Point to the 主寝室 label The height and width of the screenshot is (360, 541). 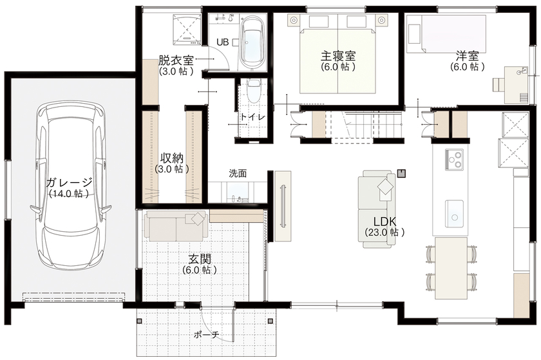click(x=339, y=56)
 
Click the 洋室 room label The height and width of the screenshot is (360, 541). click(x=466, y=56)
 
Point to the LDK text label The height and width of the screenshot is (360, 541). click(x=384, y=221)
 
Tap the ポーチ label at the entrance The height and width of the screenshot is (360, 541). click(x=206, y=334)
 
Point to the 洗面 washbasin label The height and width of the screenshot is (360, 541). click(x=238, y=173)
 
